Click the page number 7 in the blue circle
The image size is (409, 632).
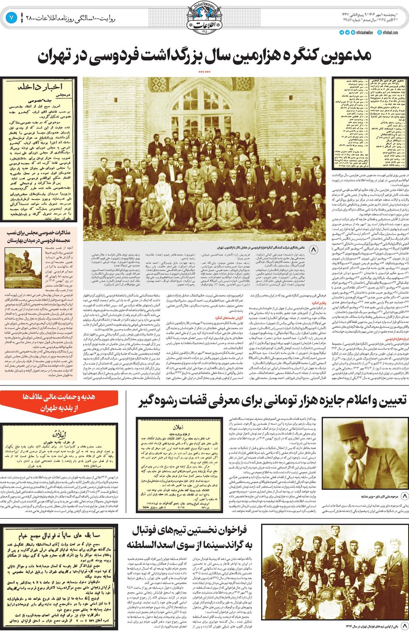pyautogui.click(x=11, y=19)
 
